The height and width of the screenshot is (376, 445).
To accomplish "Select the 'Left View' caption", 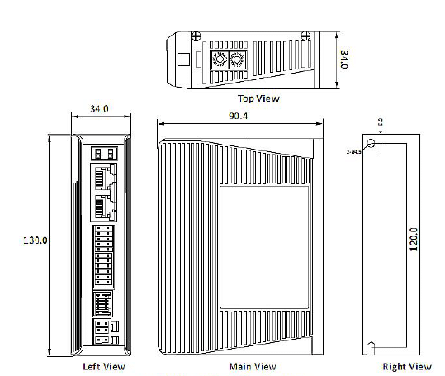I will coord(104,366).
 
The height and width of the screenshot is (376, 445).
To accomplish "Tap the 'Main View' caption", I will coord(252,366).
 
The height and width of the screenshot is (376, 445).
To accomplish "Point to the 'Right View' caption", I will coord(406,366).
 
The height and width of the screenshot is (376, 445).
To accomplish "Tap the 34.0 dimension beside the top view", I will coord(346,59).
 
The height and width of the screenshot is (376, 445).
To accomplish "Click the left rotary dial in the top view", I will coord(220,60).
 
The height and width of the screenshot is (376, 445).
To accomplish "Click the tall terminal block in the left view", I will coord(103,255).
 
